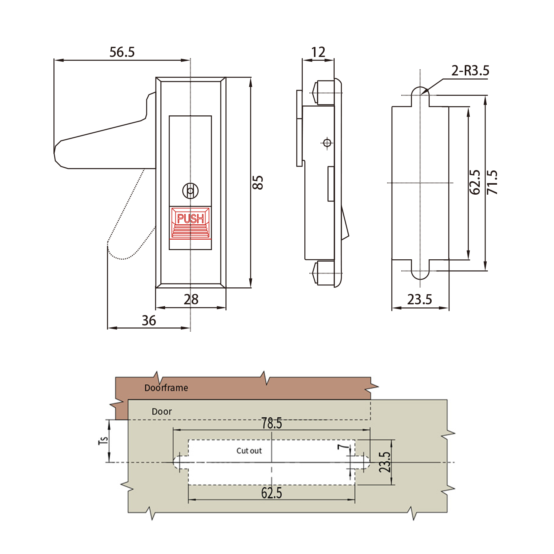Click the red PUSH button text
coord(190,219)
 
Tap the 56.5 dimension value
coord(122,52)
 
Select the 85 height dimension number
coord(258,183)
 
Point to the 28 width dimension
coord(191,300)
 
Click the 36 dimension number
coord(149,320)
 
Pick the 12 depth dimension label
coord(318,52)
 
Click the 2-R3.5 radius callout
coord(471,70)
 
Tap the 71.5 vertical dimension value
coord(492,182)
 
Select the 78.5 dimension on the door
coord(272,423)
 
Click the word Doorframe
coord(166,388)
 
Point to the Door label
coord(162,412)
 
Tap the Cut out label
coord(249,451)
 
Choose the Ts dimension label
coord(103,441)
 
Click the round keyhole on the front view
coord(190,190)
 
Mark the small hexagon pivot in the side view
coord(327,143)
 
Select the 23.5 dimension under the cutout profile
coord(419,300)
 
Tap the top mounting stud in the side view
coord(323,93)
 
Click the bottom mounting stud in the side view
coord(323,273)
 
